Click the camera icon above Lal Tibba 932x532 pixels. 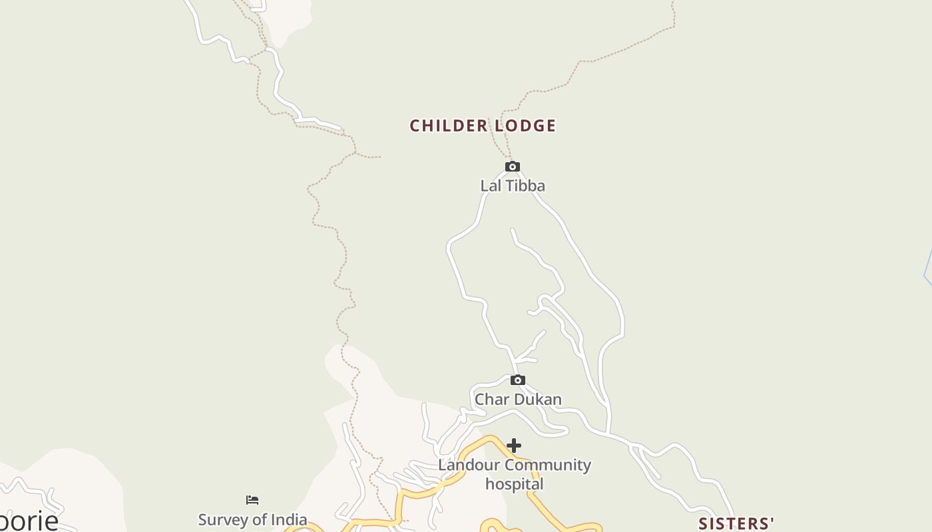[x=512, y=166]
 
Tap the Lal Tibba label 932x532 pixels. [x=513, y=186]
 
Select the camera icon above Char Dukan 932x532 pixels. [x=517, y=380]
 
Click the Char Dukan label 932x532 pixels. [x=518, y=399]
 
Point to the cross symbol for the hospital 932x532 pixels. [x=513, y=446]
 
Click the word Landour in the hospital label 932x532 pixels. [x=465, y=465]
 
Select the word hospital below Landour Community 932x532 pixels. [x=514, y=483]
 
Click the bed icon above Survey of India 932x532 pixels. [x=252, y=500]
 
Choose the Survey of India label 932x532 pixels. [x=252, y=519]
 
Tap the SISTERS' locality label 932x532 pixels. [x=736, y=524]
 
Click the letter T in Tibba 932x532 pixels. [x=509, y=186]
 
